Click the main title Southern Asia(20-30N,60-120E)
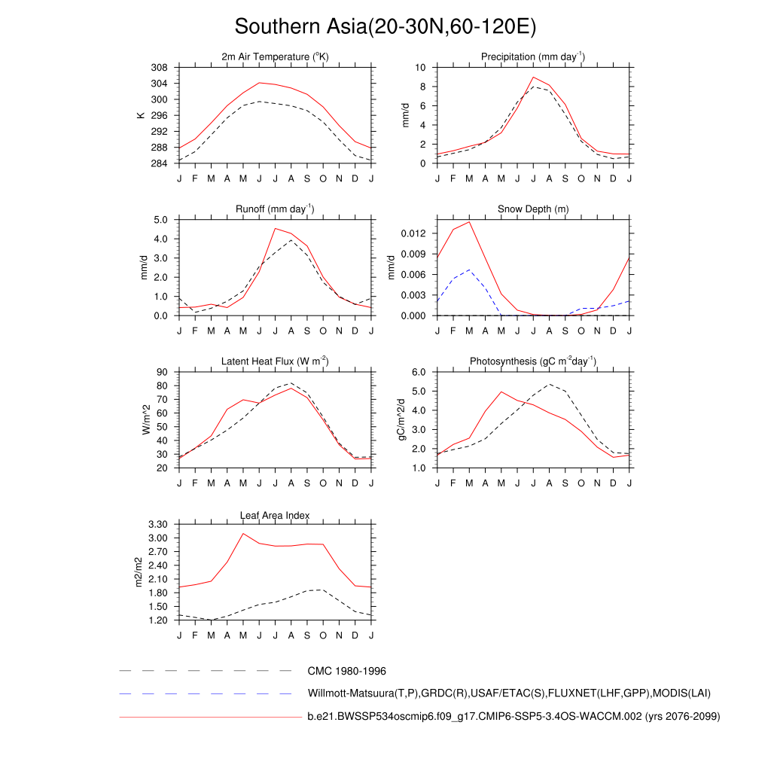point(385,27)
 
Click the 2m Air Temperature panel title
point(275,57)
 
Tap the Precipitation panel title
point(533,57)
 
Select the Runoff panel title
point(275,209)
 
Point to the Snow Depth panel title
point(533,209)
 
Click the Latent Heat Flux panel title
point(275,361)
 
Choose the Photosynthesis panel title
point(533,361)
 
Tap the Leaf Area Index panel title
point(275,515)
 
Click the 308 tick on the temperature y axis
point(159,68)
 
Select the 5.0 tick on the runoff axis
point(160,220)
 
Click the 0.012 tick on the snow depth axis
point(413,233)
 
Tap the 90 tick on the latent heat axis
point(162,372)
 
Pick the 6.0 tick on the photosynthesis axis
point(419,372)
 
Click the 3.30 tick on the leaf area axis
point(157,524)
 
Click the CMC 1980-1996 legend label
point(346,670)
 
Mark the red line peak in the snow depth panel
point(469,221)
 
